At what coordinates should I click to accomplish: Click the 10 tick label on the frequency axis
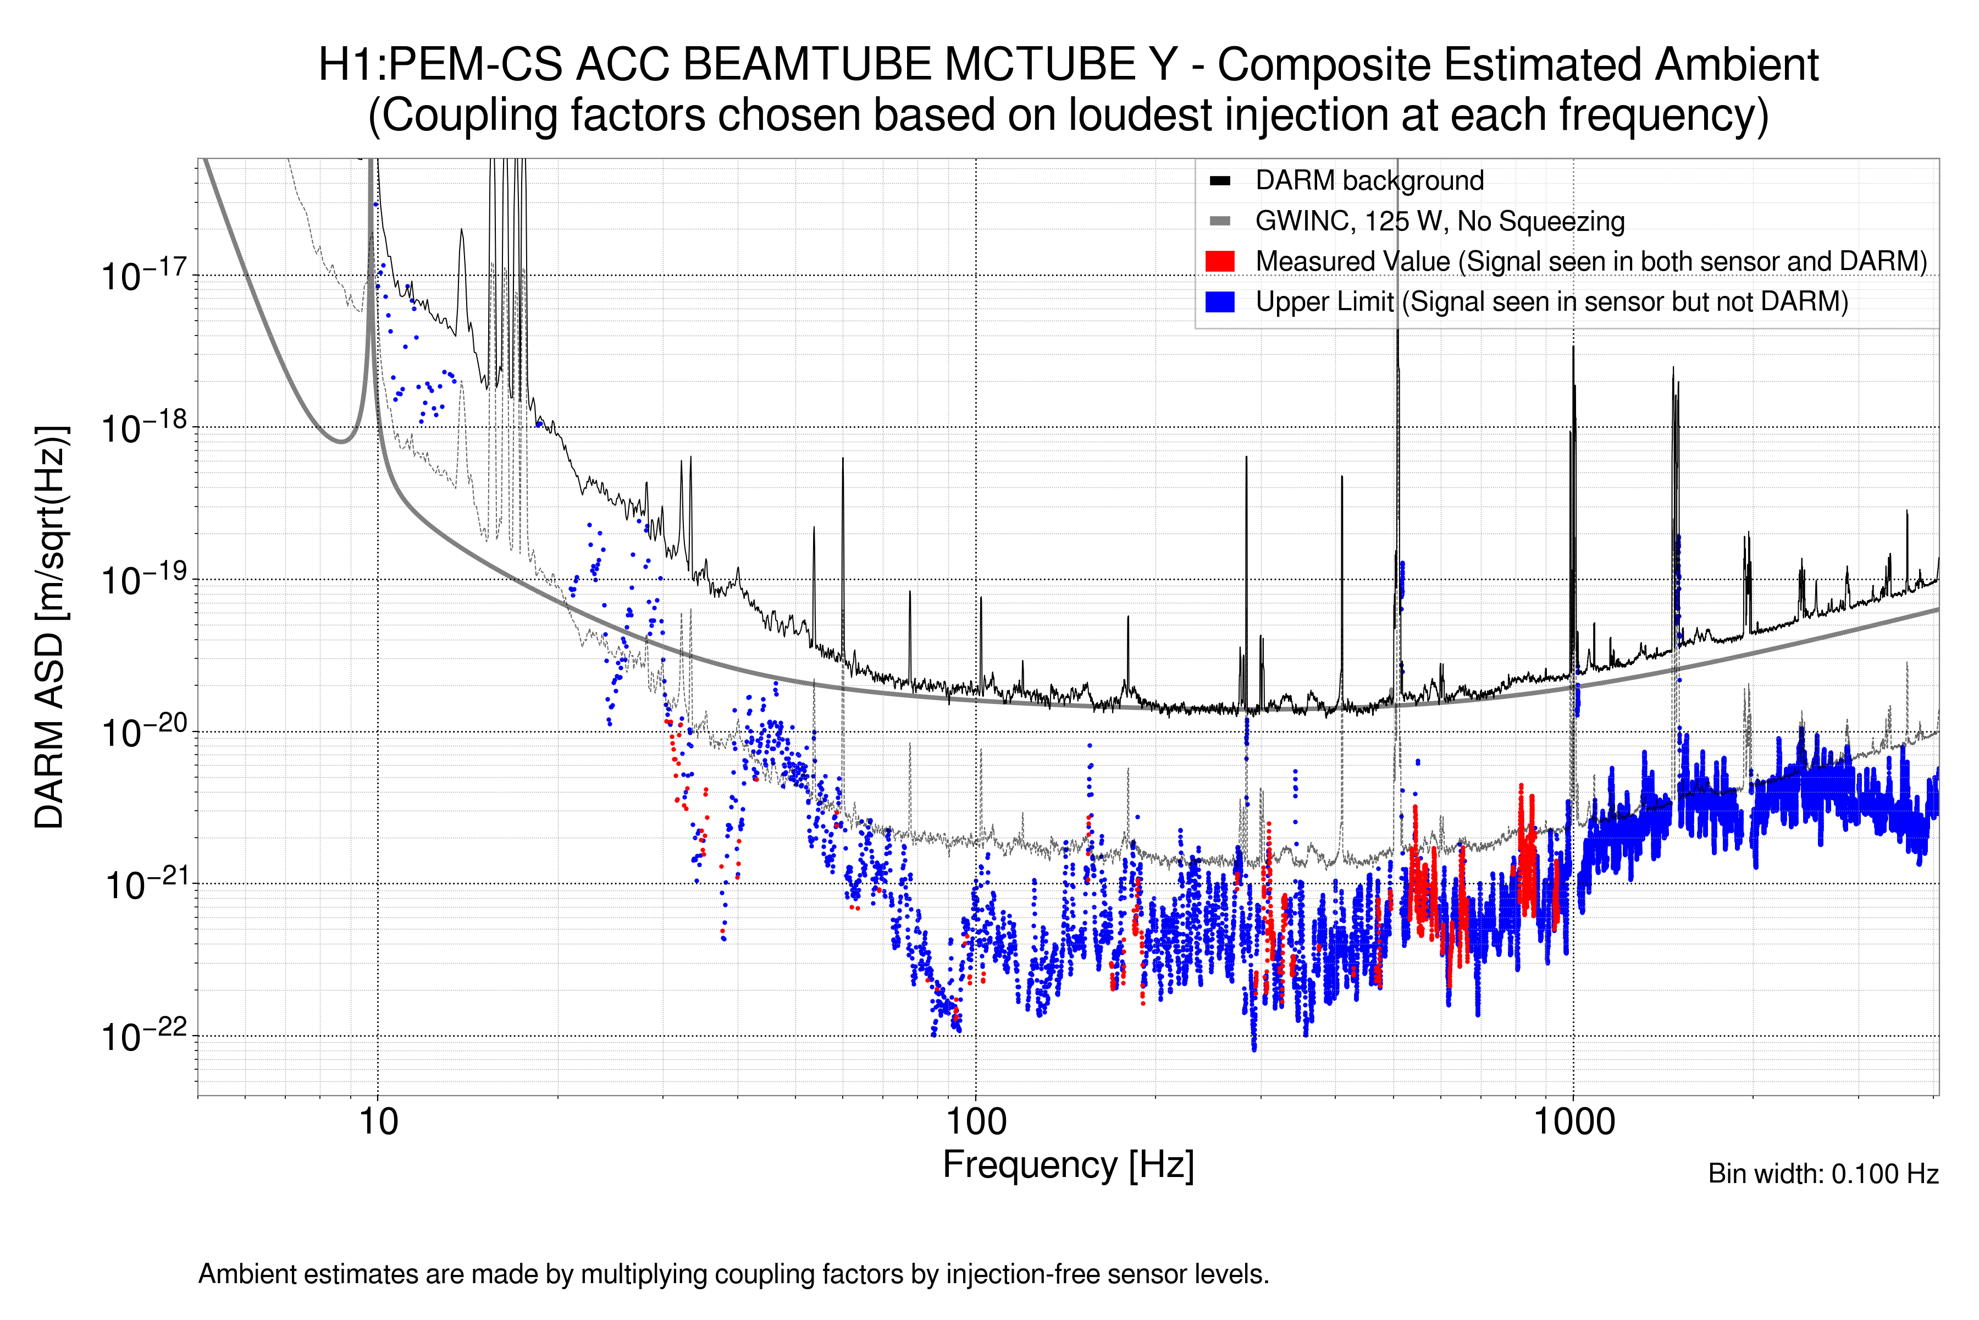click(378, 1122)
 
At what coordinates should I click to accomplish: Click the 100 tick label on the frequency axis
click(976, 1122)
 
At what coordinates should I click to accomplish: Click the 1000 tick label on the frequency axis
click(1573, 1122)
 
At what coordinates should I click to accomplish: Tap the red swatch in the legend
click(1219, 261)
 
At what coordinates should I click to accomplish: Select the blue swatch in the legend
click(1219, 301)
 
